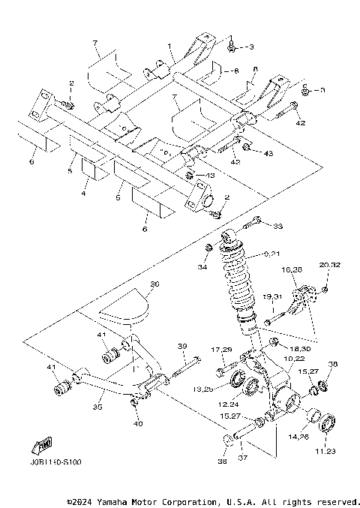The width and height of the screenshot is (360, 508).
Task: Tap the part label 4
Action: [84, 194]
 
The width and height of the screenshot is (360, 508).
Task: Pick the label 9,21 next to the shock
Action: [273, 254]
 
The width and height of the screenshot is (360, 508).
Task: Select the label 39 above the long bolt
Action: [181, 346]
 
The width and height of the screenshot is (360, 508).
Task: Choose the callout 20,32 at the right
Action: [329, 266]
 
